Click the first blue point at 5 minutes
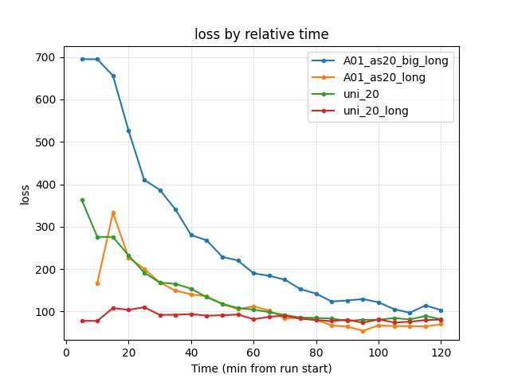click(x=82, y=59)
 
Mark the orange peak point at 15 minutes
click(x=113, y=212)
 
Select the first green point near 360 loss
click(x=82, y=200)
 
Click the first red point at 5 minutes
click(x=82, y=321)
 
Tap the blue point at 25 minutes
click(x=144, y=180)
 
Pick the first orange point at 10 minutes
click(x=97, y=283)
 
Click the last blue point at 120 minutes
click(x=441, y=310)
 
